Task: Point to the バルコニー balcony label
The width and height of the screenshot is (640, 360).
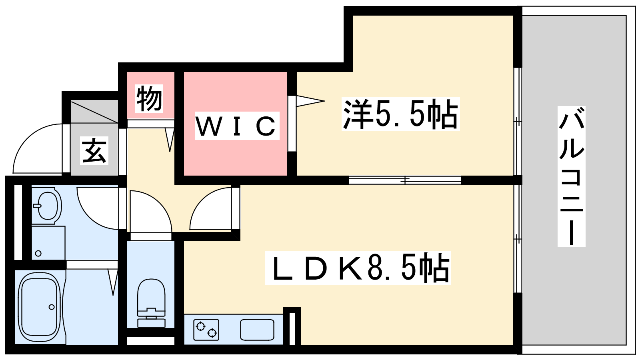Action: [572, 176]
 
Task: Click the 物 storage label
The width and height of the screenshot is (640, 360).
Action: [149, 98]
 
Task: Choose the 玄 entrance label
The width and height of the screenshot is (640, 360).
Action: [94, 150]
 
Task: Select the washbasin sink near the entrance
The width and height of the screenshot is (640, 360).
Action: [47, 205]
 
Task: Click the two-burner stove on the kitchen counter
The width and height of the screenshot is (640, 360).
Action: [206, 330]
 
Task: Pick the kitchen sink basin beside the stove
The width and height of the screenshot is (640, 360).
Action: [257, 330]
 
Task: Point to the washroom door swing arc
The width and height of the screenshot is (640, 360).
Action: [98, 208]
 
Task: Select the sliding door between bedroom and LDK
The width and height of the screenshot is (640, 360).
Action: [405, 180]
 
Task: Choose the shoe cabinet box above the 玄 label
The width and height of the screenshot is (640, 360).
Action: [94, 112]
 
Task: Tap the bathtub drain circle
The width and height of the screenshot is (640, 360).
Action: [52, 307]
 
